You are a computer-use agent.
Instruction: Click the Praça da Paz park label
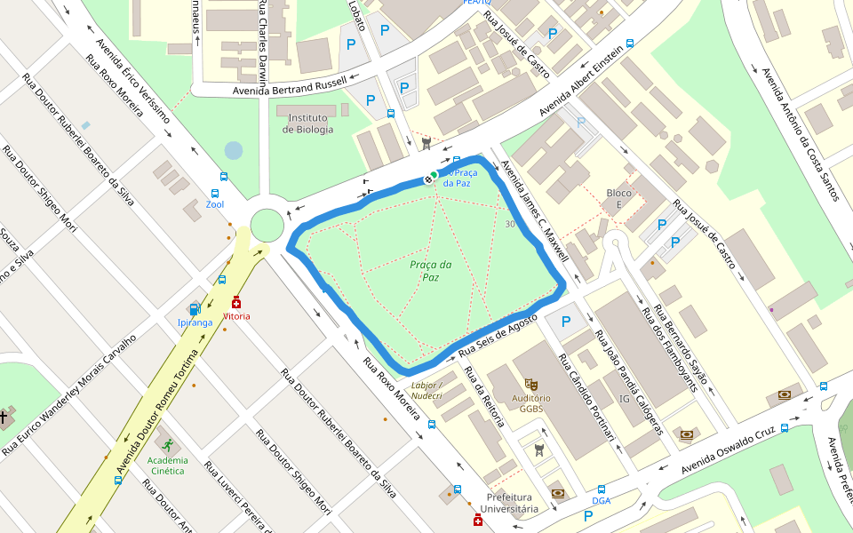tap(431, 271)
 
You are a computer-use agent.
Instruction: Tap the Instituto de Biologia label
tap(308, 123)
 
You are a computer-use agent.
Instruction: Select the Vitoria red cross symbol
tap(236, 302)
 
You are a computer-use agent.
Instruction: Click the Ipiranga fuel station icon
tap(195, 309)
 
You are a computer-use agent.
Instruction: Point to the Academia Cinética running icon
tap(167, 443)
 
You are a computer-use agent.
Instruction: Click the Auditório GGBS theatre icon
tap(531, 384)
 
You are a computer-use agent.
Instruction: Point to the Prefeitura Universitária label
tap(509, 503)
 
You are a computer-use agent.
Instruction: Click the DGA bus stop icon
tap(602, 489)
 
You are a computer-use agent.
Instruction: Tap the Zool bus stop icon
tap(215, 193)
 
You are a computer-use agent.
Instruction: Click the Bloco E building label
tap(618, 199)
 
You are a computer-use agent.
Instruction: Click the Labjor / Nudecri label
tap(427, 391)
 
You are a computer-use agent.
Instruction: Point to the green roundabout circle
tap(267, 225)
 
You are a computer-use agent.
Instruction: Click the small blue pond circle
tap(234, 151)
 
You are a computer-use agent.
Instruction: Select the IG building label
tap(624, 400)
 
